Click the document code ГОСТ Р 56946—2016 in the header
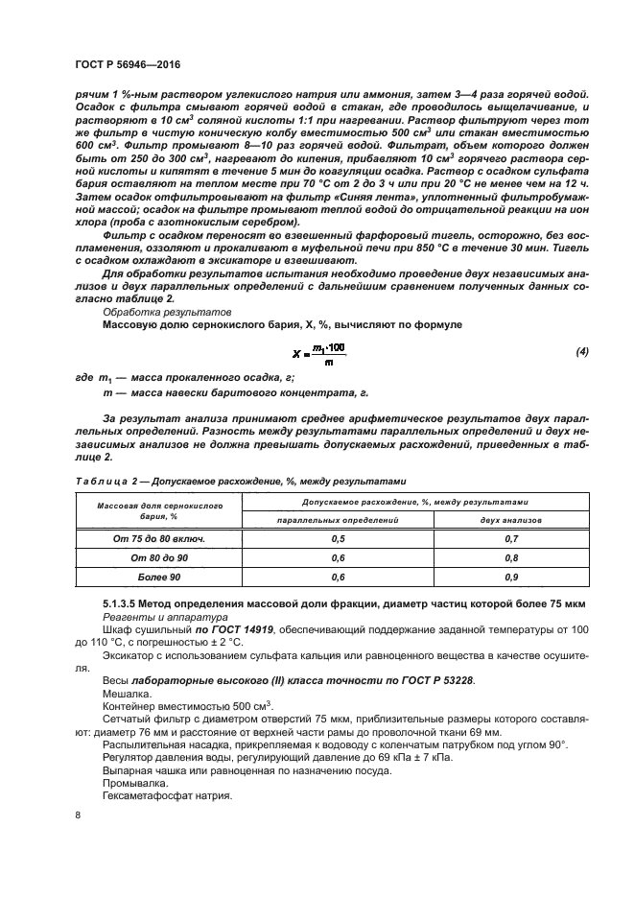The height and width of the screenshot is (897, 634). click(x=127, y=64)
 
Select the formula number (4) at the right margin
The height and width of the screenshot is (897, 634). click(x=581, y=352)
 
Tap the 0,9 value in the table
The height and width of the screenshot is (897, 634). click(x=510, y=578)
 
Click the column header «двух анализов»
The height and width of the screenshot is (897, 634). click(x=510, y=518)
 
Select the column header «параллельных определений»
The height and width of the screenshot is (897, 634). click(x=337, y=518)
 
